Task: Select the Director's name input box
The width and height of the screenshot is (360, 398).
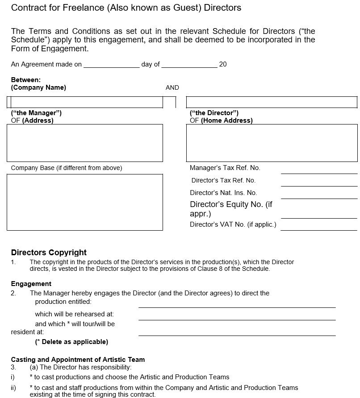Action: coord(272,102)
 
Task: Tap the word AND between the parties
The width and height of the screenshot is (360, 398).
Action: coord(172,88)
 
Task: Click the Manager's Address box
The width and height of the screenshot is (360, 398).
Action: coord(85,143)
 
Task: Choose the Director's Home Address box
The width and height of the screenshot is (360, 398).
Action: coord(272,143)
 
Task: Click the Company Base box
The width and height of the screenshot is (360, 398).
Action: coord(85,202)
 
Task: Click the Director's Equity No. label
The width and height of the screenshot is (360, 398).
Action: coord(231,209)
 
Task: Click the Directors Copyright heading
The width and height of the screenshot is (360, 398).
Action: coord(49,253)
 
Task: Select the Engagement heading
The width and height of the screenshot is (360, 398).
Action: coord(31,284)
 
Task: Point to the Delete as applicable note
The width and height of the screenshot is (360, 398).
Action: coord(71,342)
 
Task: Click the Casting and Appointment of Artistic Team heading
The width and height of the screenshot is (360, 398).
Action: coord(78,360)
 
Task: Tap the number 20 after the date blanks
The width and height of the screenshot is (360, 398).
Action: coord(223,64)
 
